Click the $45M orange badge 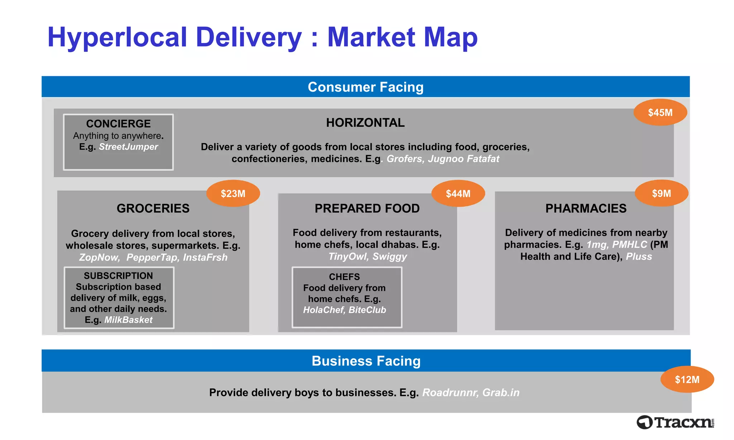660,112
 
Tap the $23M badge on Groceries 233,194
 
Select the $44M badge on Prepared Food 458,194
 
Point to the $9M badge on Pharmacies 661,193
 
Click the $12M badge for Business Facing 687,379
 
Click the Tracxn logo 675,422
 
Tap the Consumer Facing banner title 366,87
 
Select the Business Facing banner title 366,361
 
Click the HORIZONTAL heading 365,123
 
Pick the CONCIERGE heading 118,124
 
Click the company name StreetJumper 128,147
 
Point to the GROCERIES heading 153,208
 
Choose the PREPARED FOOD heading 367,208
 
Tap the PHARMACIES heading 586,208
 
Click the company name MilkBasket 128,320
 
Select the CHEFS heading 344,277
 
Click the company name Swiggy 390,257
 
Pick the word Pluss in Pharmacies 639,257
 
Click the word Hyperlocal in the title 117,37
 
